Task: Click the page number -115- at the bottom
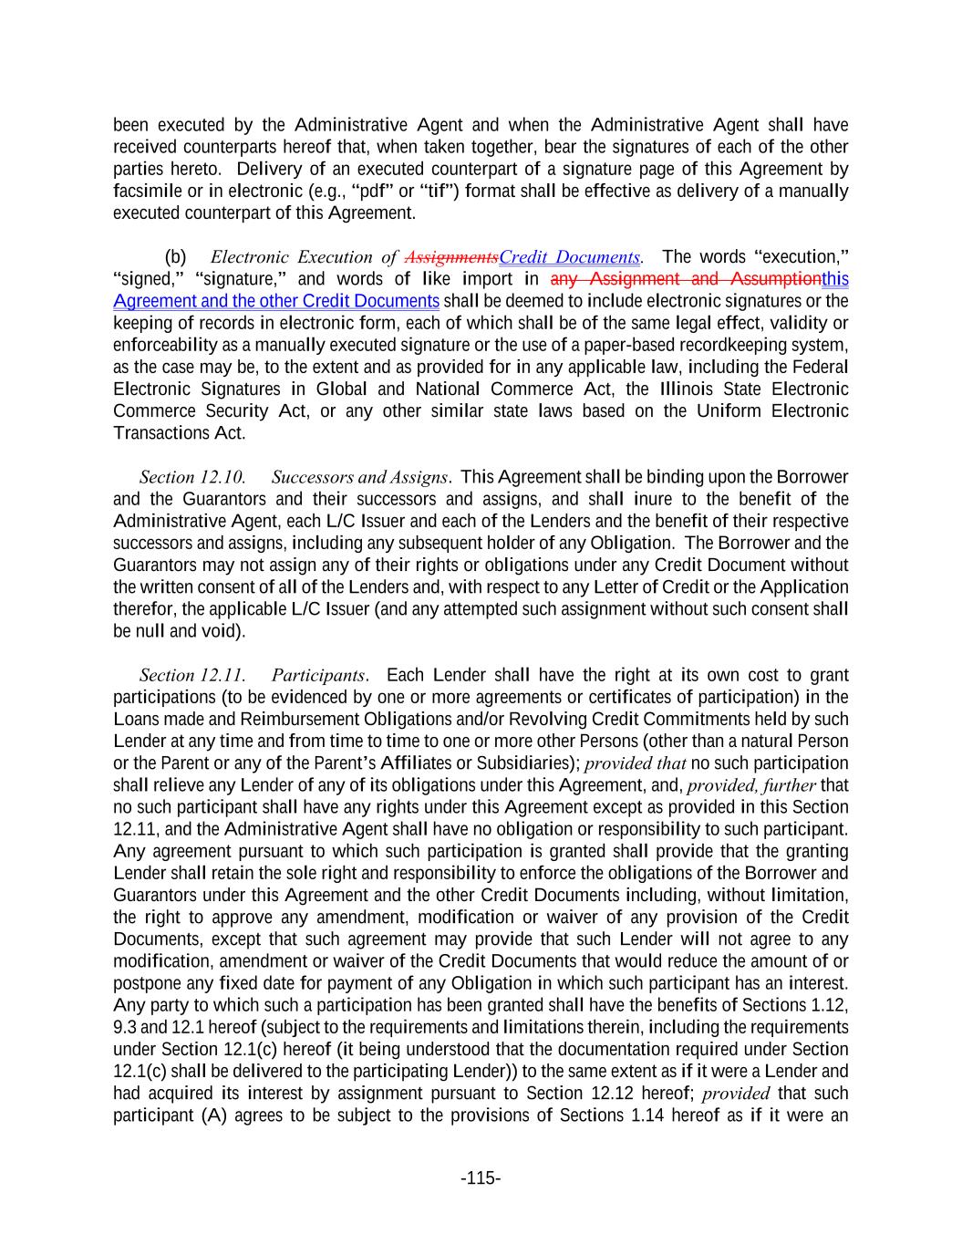481,1178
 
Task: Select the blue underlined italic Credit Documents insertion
570,257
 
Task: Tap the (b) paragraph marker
175,257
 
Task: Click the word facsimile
145,192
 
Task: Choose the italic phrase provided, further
751,785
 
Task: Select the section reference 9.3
124,1028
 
